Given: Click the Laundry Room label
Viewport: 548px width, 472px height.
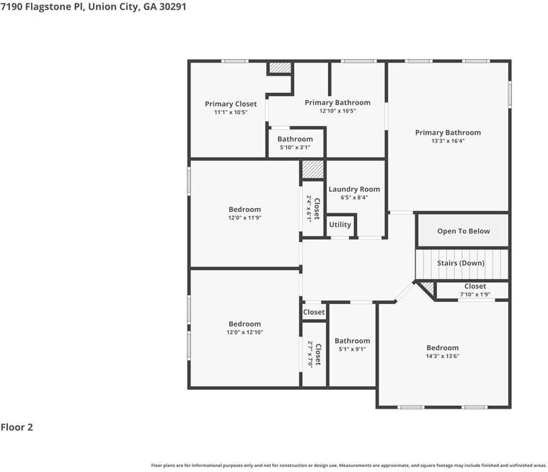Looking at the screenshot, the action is pos(354,189).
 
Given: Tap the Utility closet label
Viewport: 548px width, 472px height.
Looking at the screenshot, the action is pos(340,225).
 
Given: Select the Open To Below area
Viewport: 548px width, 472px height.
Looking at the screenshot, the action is pos(464,231).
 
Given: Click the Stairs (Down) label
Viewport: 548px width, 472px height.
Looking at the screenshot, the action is pos(461,263).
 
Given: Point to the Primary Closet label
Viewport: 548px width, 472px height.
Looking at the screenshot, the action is pos(231,104).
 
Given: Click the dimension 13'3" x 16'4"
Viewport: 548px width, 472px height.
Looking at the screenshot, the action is pos(448,141).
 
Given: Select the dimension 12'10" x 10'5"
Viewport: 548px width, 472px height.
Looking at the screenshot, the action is pos(337,111).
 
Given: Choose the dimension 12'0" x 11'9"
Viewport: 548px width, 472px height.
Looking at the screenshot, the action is pos(244,218).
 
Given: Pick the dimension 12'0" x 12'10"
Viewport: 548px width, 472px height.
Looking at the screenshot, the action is pos(244,332).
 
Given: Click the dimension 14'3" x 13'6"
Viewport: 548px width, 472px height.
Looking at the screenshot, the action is pos(443,356).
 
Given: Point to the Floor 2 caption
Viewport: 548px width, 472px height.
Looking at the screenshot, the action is pos(17,427).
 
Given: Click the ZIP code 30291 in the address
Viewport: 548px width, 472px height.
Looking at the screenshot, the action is pos(172,6).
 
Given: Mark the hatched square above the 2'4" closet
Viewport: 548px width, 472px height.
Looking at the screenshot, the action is pos(313,169).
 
